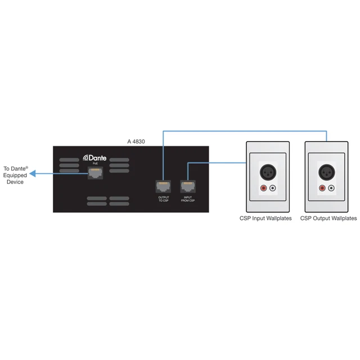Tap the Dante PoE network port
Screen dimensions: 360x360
click(x=95, y=174)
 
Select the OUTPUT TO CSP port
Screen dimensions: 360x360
click(x=164, y=186)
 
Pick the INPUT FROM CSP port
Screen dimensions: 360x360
click(x=187, y=186)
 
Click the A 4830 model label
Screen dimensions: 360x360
click(x=136, y=142)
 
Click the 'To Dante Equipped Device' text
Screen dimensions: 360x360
click(x=16, y=175)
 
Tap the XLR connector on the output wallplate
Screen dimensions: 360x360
click(x=326, y=170)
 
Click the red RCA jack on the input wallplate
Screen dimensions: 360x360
click(x=263, y=188)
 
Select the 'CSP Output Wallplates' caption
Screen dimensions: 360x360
click(x=328, y=218)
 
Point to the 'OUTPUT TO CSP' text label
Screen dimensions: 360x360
click(x=164, y=200)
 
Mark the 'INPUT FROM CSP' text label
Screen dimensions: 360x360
click(x=187, y=200)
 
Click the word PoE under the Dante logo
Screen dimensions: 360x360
click(x=94, y=164)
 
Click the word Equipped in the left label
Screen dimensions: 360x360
click(x=16, y=175)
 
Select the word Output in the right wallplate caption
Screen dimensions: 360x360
click(x=323, y=218)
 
